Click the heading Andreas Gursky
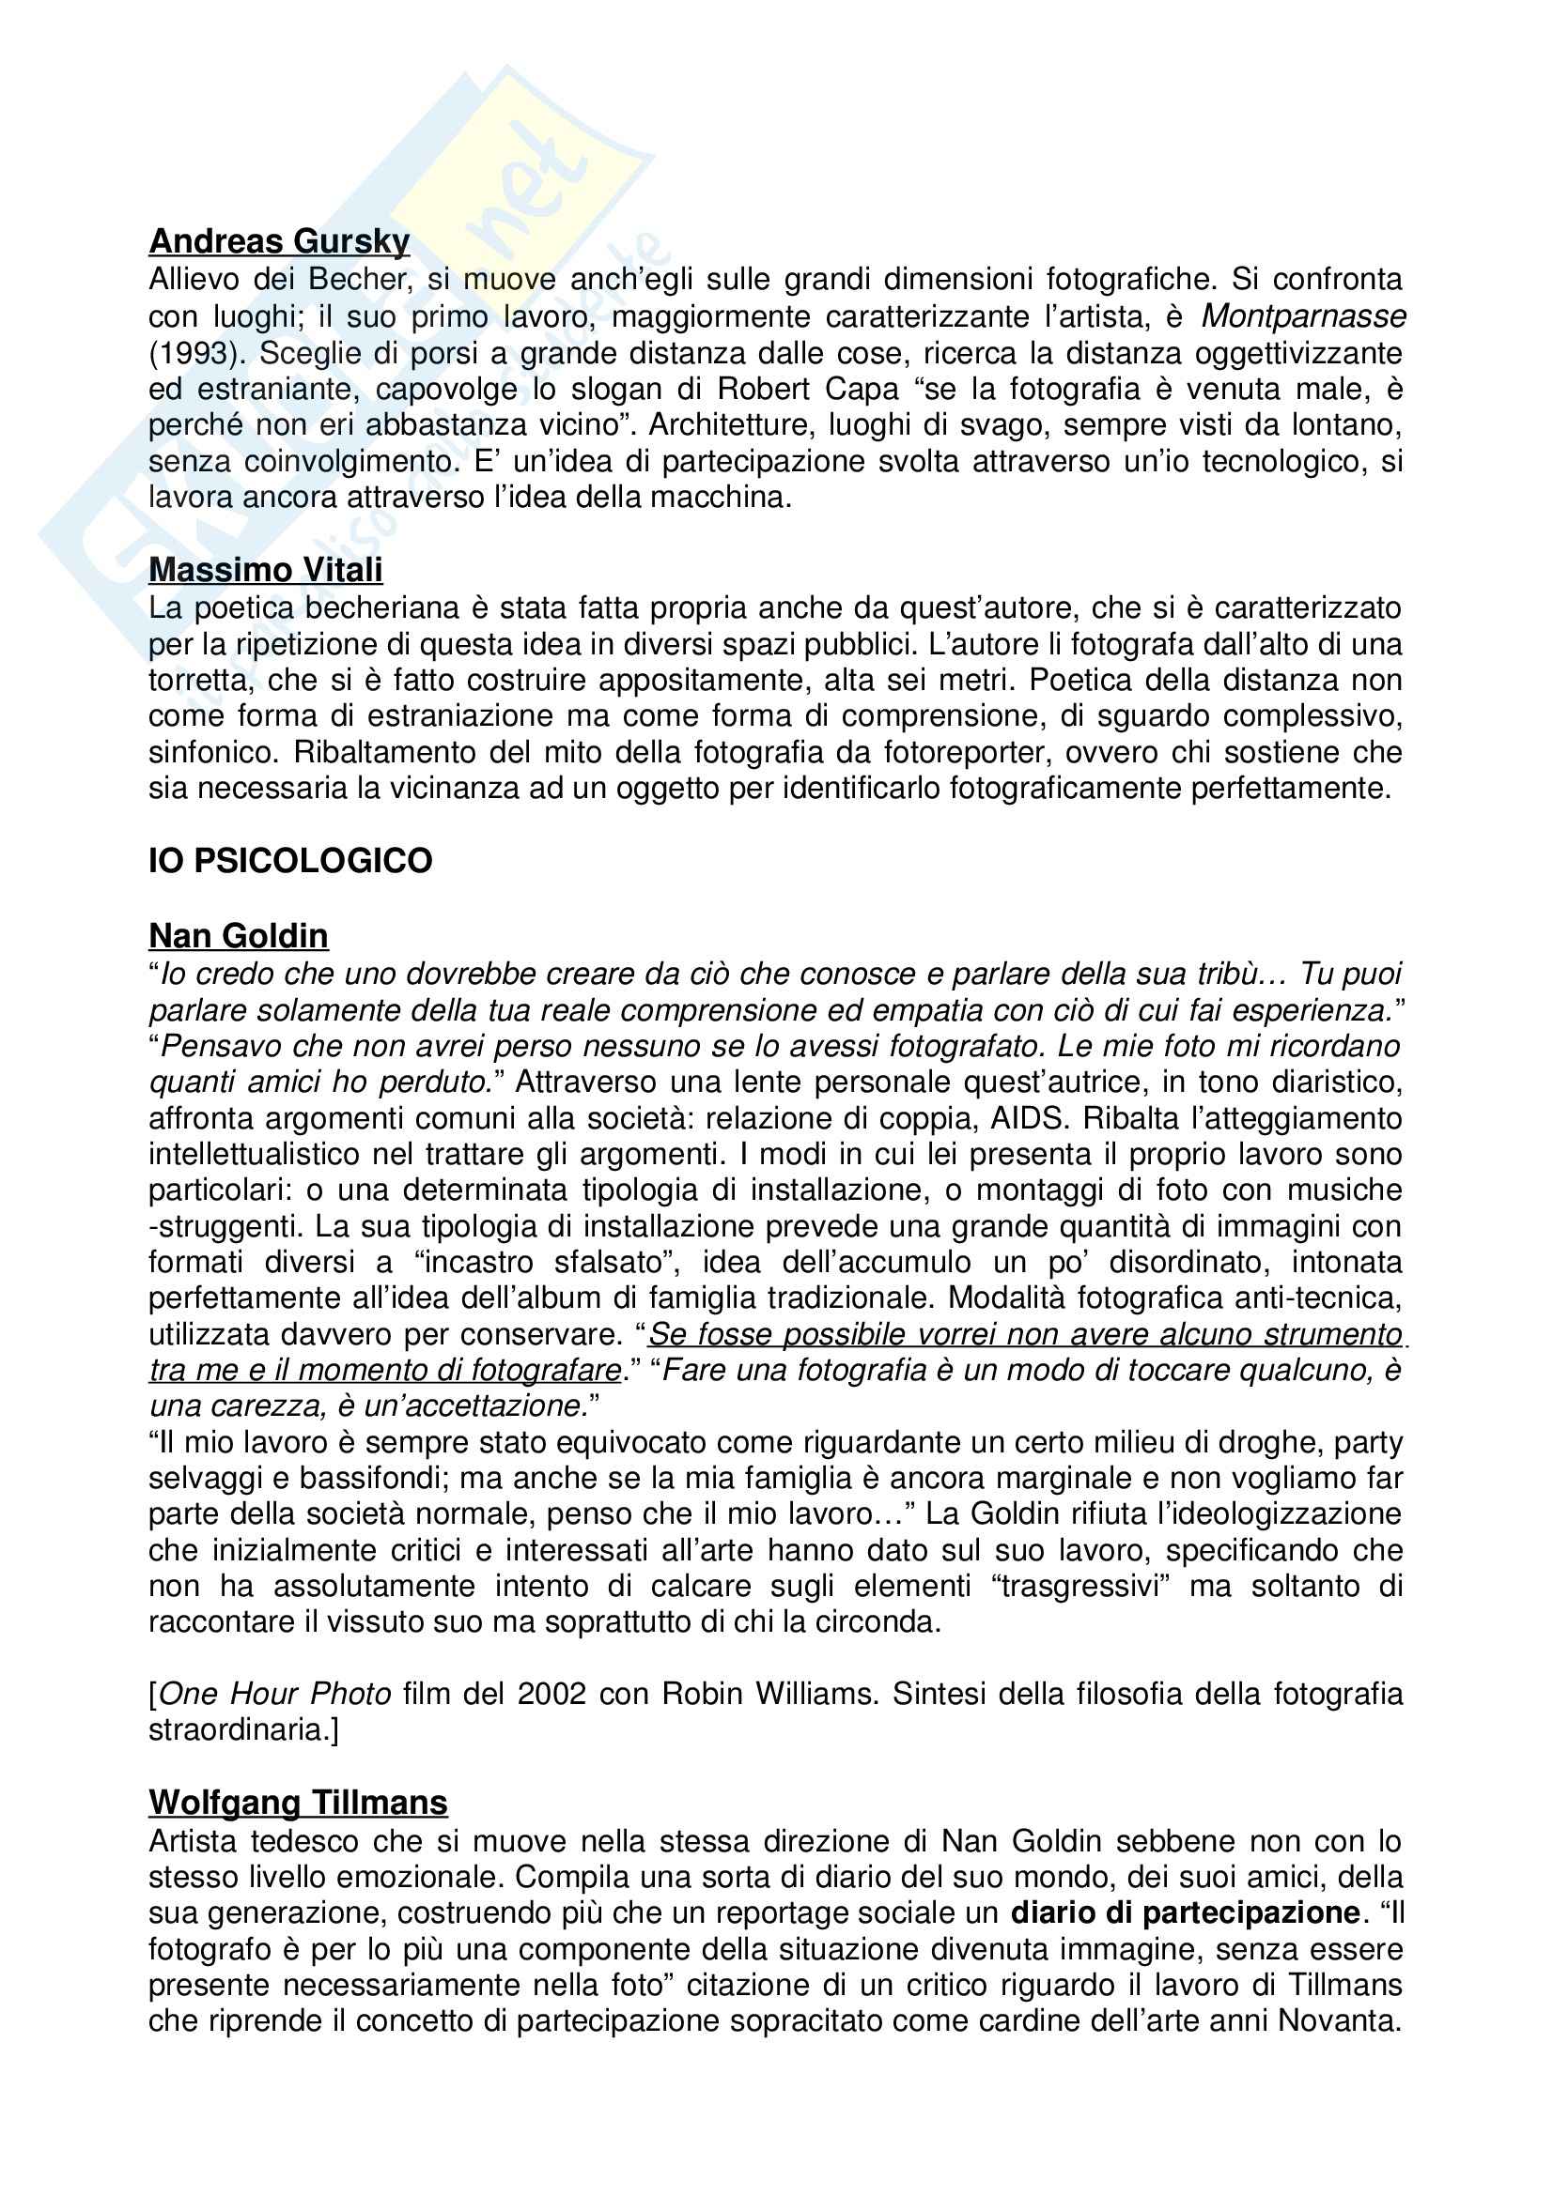279,241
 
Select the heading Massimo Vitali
265,570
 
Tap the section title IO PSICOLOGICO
290,861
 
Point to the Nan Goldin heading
239,935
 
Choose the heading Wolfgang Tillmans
298,1803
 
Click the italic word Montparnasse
1303,315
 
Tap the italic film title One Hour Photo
274,1694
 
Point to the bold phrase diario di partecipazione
1186,1912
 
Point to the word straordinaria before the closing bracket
239,1730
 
